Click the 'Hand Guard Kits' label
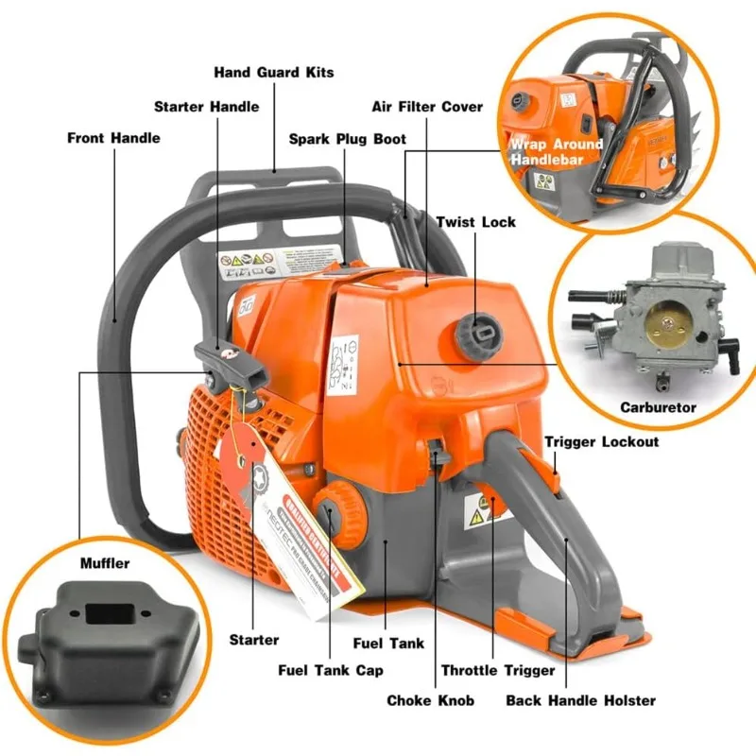[273, 72]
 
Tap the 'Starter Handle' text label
[206, 106]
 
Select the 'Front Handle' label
[113, 138]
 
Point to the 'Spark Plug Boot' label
[347, 139]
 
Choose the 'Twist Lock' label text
[475, 221]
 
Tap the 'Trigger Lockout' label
[602, 441]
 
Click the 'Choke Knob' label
[430, 700]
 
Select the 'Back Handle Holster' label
[580, 700]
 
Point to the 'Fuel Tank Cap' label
[331, 670]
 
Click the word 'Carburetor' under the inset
[659, 408]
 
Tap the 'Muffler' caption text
[104, 564]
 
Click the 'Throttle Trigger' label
[498, 670]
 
